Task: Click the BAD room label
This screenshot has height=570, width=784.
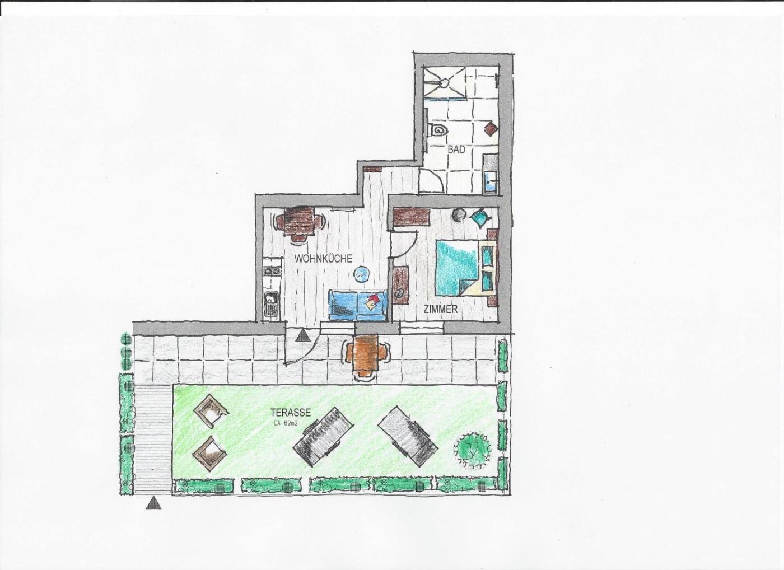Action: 456,149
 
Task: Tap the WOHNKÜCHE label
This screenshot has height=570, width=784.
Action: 323,259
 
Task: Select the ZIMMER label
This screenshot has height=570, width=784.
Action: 441,309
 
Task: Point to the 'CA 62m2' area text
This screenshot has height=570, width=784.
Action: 286,423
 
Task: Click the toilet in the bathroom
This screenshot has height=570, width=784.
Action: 437,130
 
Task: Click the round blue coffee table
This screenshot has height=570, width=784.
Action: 362,274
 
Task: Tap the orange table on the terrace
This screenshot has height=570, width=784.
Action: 366,355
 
